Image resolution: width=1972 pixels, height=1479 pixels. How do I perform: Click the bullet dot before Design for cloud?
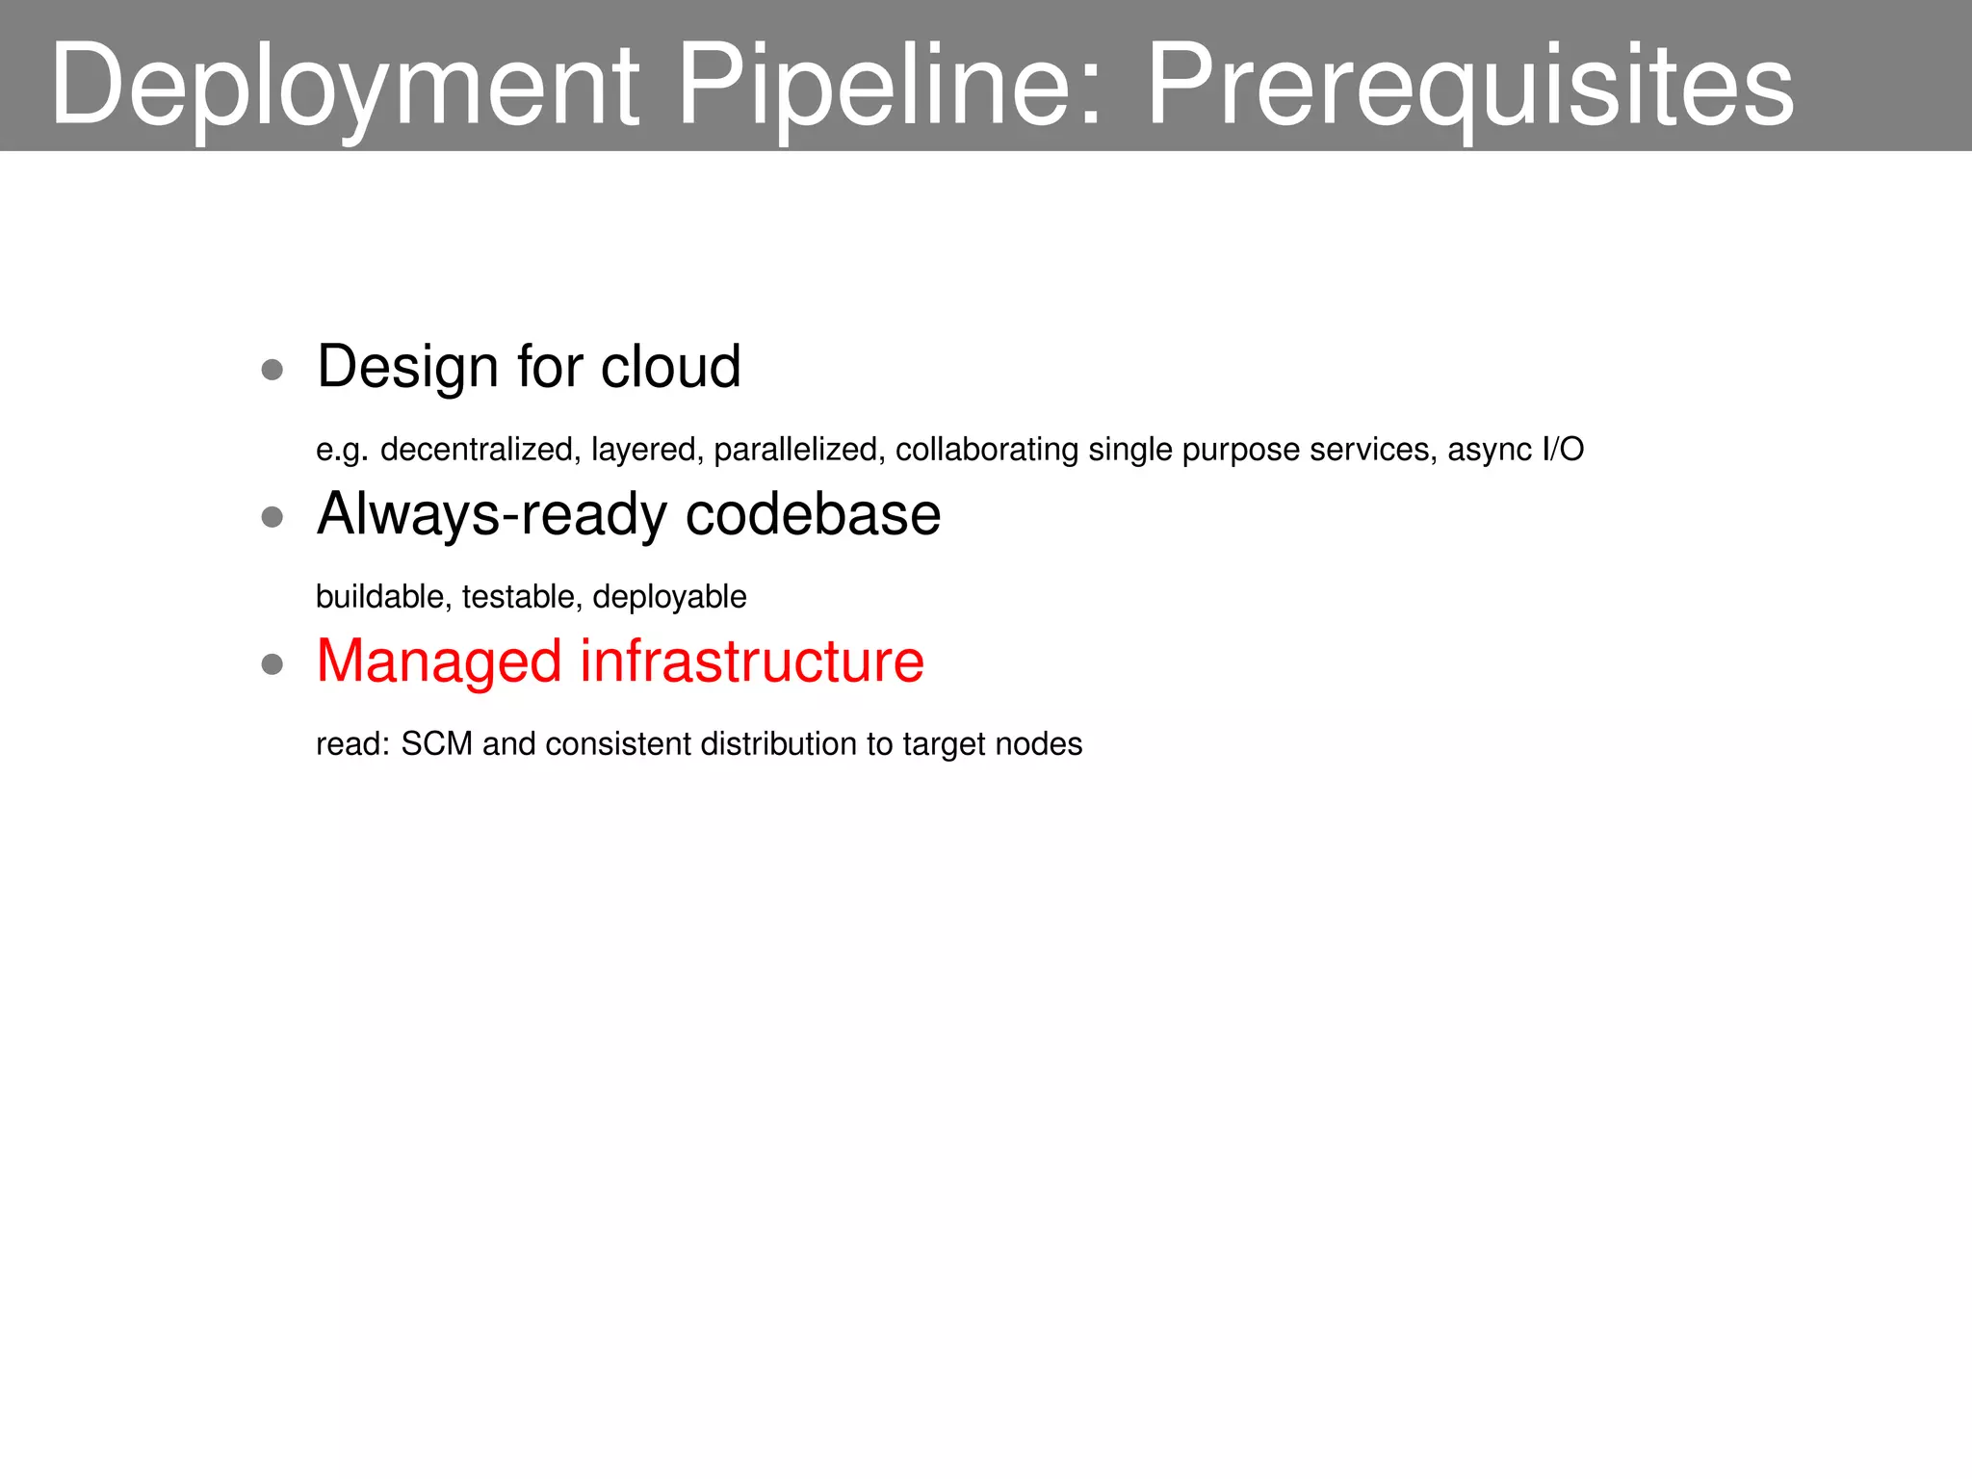[x=272, y=370]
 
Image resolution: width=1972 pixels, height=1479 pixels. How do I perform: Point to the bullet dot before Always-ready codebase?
[x=272, y=517]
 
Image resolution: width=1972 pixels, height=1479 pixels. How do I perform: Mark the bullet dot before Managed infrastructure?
[x=272, y=664]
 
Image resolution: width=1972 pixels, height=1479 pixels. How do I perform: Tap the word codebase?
[x=813, y=514]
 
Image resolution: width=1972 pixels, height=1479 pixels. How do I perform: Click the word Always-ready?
[x=492, y=515]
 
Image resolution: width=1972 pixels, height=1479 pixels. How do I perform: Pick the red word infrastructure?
[x=752, y=662]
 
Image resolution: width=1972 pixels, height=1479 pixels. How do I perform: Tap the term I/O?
[x=1563, y=450]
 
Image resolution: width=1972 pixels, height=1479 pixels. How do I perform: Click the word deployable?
[x=669, y=597]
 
